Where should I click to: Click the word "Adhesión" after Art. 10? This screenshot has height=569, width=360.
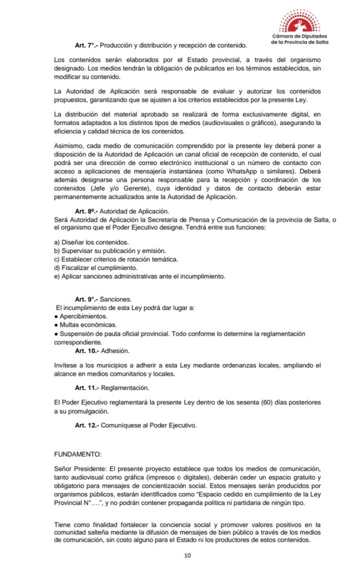[114, 351]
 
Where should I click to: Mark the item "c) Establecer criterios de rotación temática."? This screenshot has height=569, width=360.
[116, 259]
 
